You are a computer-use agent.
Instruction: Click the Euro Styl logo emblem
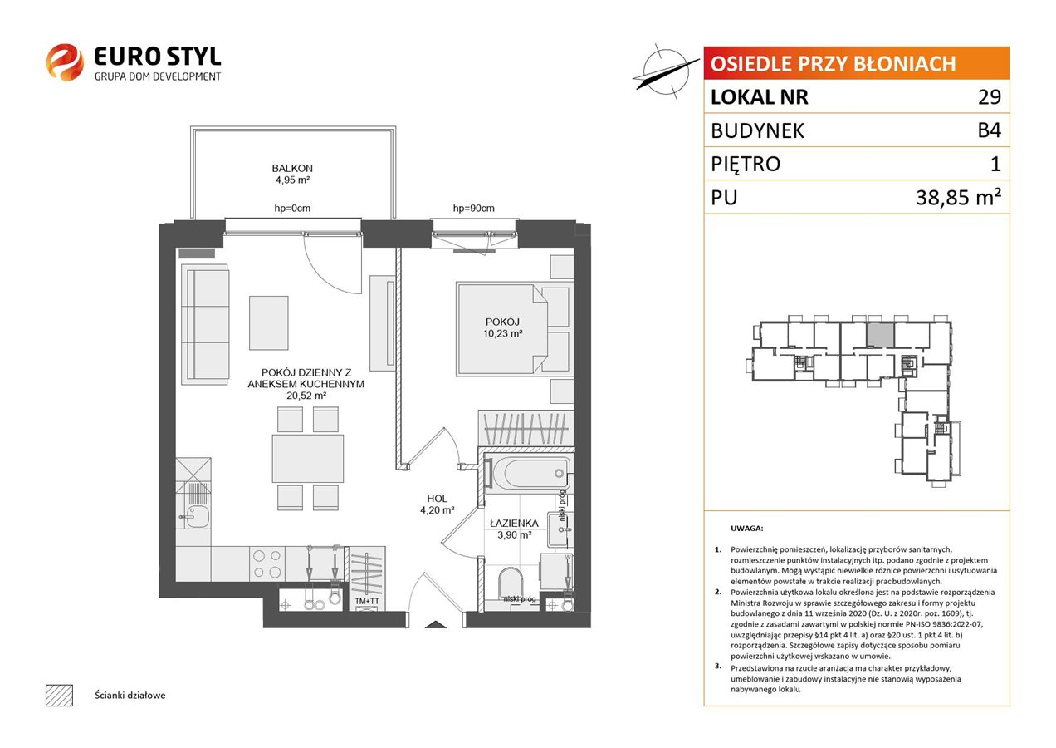click(65, 62)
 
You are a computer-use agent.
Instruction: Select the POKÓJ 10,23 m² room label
click(502, 327)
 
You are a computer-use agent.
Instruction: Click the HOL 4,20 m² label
click(437, 504)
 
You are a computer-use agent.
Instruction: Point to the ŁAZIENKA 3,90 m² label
click(514, 529)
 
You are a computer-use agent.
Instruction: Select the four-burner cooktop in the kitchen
click(266, 564)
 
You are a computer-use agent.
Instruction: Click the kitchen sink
click(195, 517)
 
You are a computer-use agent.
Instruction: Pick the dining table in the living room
click(307, 459)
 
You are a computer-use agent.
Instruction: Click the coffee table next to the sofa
click(269, 322)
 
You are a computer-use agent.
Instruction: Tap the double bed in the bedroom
click(502, 329)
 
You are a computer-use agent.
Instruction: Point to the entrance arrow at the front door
click(436, 624)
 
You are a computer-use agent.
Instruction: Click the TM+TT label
click(367, 601)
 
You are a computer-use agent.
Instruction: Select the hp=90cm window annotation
click(473, 208)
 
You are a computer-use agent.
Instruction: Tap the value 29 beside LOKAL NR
click(990, 96)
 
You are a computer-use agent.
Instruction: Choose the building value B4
click(989, 130)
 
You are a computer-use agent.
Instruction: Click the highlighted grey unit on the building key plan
click(880, 335)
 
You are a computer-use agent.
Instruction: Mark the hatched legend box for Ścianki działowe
click(60, 695)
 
